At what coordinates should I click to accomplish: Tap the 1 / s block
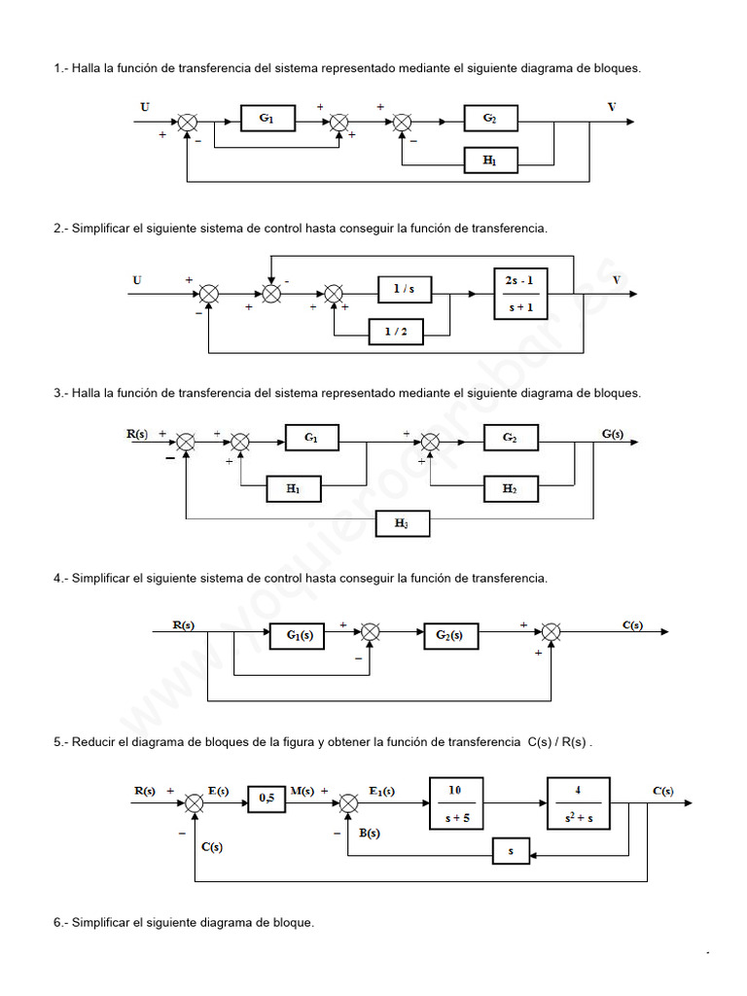404,289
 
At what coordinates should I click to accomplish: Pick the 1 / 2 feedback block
396,333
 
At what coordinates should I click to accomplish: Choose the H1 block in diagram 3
293,490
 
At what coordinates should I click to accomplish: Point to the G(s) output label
612,434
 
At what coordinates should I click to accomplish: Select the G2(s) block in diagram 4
449,635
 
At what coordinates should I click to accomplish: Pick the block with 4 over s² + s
578,803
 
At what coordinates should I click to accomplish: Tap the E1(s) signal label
382,791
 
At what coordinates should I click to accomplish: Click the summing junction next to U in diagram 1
188,122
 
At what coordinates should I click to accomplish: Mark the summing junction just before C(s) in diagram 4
551,632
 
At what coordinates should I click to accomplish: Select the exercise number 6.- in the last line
60,922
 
